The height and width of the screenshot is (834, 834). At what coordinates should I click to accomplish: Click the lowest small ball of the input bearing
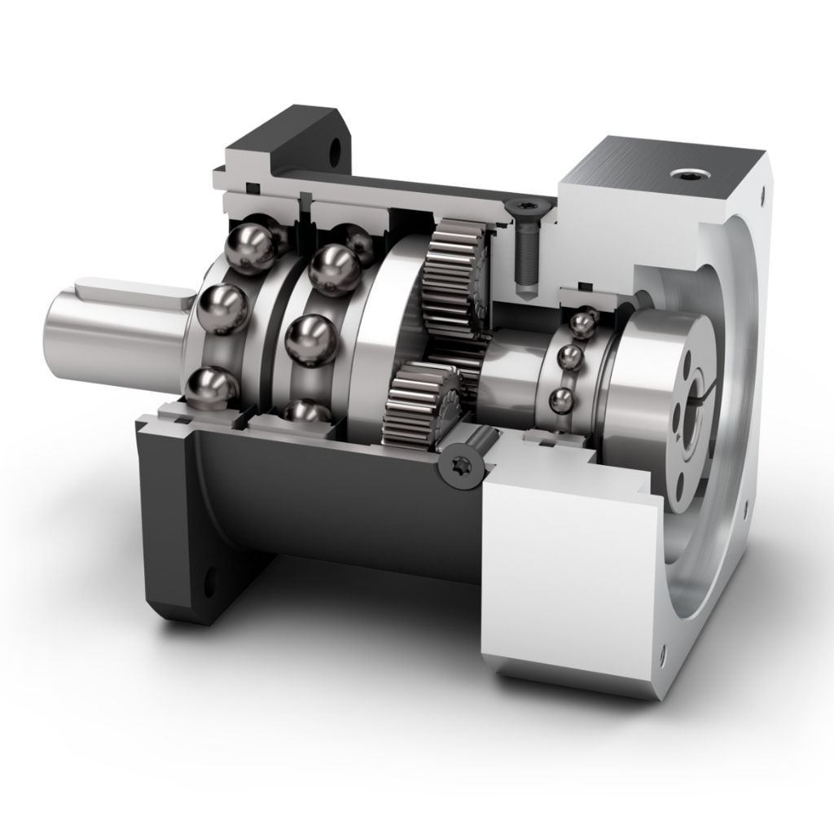pyautogui.click(x=560, y=400)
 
